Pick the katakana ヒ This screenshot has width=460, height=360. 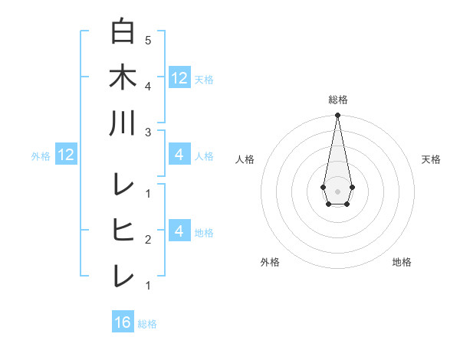[123, 230]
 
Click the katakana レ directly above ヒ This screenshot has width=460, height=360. [123, 184]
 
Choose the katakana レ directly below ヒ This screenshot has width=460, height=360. [123, 276]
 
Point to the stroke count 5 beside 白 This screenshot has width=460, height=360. [147, 40]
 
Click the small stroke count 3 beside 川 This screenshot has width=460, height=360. [147, 133]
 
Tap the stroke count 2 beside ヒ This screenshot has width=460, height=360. [147, 240]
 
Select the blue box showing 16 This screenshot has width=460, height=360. [123, 322]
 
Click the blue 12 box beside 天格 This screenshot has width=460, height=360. [179, 77]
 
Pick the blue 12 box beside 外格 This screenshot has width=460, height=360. [66, 155]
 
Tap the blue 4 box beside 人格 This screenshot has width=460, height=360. [179, 155]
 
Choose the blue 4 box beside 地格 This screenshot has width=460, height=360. [179, 231]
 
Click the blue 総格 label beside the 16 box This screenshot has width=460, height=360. [147, 324]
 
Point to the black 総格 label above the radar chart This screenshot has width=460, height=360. [337, 100]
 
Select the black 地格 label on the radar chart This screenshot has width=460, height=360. [402, 262]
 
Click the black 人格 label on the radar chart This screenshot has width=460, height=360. [245, 159]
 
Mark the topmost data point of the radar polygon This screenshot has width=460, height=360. [337, 116]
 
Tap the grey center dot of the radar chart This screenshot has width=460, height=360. [337, 190]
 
